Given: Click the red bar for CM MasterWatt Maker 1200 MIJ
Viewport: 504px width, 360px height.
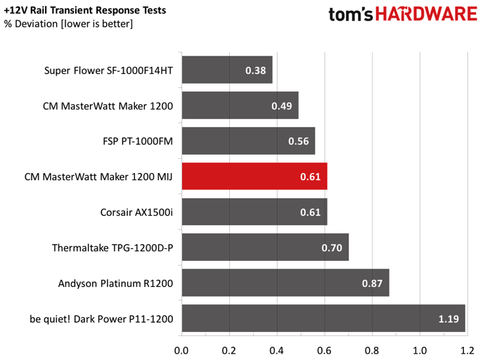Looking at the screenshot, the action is tap(254, 176).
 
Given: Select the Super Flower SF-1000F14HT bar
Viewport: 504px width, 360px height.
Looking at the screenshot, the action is tap(227, 70).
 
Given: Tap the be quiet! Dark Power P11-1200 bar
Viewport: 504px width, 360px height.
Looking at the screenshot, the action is tap(323, 319).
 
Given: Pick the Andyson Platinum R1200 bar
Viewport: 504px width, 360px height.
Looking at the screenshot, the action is tap(285, 283).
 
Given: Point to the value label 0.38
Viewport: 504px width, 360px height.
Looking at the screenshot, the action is tap(256, 70).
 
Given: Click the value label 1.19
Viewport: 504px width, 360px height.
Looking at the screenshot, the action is tap(448, 319).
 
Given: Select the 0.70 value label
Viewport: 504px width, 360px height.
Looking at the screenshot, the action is tap(332, 247).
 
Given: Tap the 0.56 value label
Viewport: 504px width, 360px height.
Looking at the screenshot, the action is tap(298, 141).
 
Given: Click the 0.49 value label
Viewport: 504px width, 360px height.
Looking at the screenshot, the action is tap(282, 105).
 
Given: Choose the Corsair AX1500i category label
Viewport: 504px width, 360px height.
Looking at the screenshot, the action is tap(136, 212).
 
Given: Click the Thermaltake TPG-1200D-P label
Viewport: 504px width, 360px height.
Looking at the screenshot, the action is tap(112, 247).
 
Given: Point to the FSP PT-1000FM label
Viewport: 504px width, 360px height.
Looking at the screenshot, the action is tap(138, 141).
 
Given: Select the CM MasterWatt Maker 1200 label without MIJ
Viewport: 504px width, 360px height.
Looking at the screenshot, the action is tap(108, 105).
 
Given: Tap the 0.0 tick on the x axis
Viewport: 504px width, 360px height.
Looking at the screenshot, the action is tap(181, 350).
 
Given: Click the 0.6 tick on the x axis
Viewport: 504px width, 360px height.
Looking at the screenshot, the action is tap(324, 350).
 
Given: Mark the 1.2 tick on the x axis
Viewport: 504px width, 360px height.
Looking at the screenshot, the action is tap(467, 350).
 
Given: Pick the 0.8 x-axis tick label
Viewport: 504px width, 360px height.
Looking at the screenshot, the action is tap(372, 350).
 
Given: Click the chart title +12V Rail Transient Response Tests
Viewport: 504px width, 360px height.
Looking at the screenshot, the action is tap(85, 11).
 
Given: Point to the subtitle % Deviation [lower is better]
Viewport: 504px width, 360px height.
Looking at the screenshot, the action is tap(68, 24).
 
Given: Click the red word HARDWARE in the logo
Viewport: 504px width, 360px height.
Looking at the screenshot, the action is tap(426, 14).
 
